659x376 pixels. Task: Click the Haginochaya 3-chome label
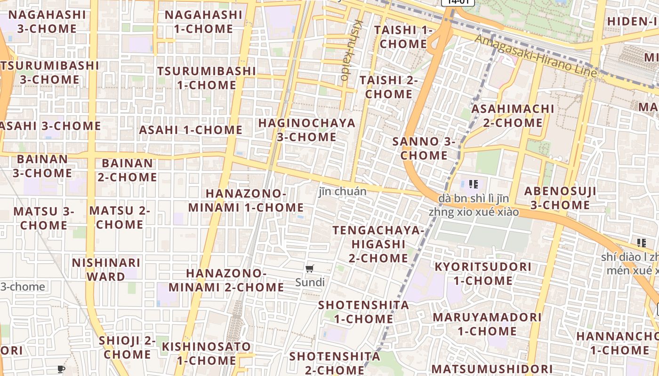click(x=306, y=130)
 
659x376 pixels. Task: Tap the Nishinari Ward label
click(x=106, y=269)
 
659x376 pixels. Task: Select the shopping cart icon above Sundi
click(x=309, y=269)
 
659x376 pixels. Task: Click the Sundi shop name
click(x=310, y=282)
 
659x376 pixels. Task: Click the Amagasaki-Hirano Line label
click(x=536, y=56)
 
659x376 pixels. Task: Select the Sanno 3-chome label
click(x=424, y=148)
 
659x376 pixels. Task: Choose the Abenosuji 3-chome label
click(x=560, y=198)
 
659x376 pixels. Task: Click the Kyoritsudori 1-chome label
click(x=482, y=274)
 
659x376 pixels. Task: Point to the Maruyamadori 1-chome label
click(x=487, y=324)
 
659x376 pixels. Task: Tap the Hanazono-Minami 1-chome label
click(x=246, y=200)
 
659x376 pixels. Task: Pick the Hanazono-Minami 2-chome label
click(x=226, y=280)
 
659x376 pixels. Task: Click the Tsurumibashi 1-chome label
click(x=206, y=78)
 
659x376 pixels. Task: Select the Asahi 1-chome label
click(x=191, y=130)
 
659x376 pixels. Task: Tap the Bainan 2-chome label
click(x=127, y=170)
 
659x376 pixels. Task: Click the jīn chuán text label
click(x=342, y=192)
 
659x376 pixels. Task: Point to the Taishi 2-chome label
click(x=389, y=87)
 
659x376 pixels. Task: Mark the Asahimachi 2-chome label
click(x=513, y=116)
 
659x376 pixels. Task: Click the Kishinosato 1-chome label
click(x=206, y=353)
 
